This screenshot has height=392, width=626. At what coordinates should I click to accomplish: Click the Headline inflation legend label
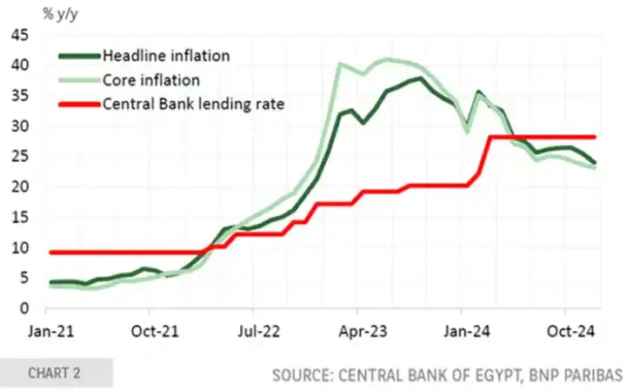(166, 56)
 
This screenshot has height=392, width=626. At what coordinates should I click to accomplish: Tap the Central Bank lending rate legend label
(194, 105)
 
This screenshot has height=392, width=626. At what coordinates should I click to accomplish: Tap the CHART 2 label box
(55, 373)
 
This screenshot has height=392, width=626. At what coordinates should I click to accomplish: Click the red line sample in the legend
(78, 105)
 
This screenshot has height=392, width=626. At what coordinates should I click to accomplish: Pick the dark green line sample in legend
(78, 56)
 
